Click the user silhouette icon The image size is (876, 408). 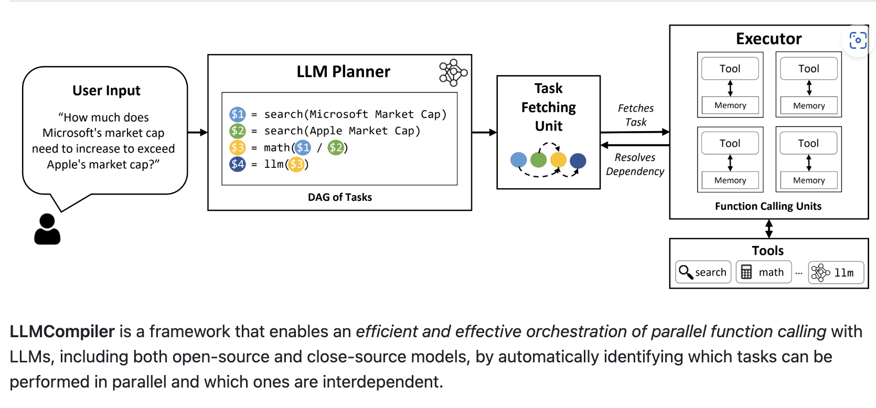47,229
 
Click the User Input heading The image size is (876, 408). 106,91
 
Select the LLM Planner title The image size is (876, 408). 343,71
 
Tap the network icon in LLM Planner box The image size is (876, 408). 453,72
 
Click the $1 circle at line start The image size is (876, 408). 238,114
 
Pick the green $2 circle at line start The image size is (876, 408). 238,131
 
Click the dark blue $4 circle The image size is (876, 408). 238,164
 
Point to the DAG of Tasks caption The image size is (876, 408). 339,197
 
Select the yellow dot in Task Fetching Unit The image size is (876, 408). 558,159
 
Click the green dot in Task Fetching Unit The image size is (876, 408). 538,159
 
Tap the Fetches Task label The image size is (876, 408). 635,115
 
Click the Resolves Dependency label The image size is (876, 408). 635,164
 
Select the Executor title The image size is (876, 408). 768,39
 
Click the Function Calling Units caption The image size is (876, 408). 768,206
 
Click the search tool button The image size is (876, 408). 703,272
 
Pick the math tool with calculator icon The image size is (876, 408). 763,272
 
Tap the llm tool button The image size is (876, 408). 836,273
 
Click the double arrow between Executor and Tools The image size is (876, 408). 769,229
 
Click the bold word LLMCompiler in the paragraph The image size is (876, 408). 62,331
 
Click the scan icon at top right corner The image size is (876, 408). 858,40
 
